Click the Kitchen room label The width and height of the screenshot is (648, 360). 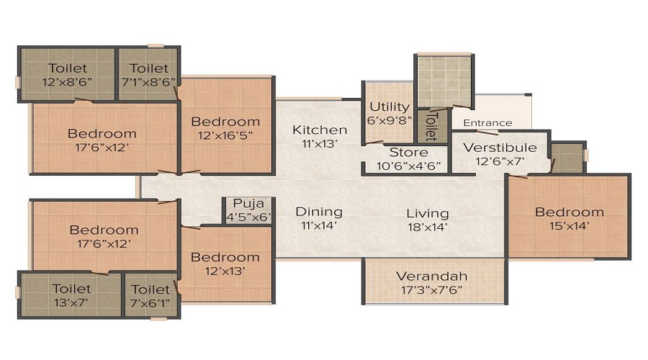click(x=320, y=130)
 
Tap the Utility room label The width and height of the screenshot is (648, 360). click(x=389, y=107)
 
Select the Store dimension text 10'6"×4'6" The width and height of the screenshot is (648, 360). click(x=408, y=165)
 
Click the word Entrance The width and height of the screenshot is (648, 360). click(x=487, y=123)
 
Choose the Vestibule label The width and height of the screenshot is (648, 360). click(x=500, y=148)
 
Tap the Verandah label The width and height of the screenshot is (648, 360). click(x=432, y=276)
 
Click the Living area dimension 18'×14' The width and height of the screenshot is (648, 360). click(x=427, y=227)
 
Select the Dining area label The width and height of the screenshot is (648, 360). click(x=319, y=212)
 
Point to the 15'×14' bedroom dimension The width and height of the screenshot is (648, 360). click(x=569, y=225)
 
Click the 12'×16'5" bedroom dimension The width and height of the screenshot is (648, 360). click(x=226, y=135)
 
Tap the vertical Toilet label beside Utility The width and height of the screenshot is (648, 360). click(x=431, y=125)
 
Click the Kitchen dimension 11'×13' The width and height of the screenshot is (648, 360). click(x=320, y=143)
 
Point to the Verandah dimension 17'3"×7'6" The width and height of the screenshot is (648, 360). click(x=432, y=289)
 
